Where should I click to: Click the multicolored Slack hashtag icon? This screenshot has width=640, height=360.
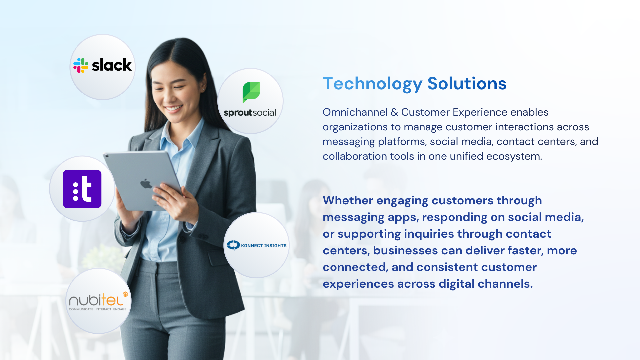(x=81, y=65)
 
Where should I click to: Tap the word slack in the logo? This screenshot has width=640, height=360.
(x=112, y=65)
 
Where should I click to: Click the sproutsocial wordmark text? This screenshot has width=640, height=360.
(x=250, y=113)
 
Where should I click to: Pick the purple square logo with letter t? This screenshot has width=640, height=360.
(x=82, y=189)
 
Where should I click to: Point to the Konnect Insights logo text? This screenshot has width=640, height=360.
(x=264, y=246)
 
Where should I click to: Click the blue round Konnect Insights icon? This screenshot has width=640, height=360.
(x=233, y=245)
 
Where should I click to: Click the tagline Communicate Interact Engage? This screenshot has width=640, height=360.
(x=98, y=309)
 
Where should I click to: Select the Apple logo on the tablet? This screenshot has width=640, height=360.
(x=146, y=184)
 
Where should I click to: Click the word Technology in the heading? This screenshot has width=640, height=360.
(x=373, y=84)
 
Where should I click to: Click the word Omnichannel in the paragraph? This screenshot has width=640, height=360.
(x=355, y=112)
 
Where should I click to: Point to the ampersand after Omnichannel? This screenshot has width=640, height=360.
(x=394, y=112)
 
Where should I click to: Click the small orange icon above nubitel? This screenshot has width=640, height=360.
(x=125, y=294)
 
